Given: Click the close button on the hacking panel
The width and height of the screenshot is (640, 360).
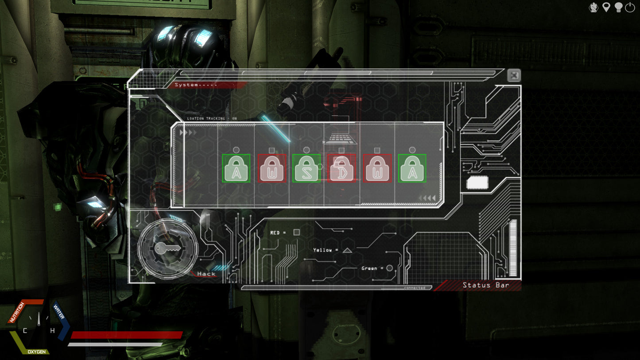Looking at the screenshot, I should (514, 75).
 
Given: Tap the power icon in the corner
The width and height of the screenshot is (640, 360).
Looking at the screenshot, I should (630, 8).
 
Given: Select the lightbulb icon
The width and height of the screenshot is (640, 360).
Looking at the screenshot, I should (618, 8).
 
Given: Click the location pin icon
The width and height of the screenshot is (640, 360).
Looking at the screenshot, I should (606, 8).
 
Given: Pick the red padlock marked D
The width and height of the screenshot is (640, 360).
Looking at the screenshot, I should (341, 168).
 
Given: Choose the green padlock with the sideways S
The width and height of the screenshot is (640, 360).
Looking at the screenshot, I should (306, 168).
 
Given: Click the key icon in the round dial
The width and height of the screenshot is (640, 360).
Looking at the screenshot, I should (167, 249).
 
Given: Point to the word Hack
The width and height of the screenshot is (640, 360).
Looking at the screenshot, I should (206, 274).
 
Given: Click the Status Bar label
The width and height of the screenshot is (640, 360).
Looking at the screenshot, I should (486, 285).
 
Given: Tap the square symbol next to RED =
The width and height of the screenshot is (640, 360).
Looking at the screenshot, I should (297, 232).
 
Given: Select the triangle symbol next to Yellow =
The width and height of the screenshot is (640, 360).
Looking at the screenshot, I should (347, 250).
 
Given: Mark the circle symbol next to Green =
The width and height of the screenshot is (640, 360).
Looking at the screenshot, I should (389, 268).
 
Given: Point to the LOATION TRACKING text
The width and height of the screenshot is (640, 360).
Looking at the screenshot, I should (212, 119).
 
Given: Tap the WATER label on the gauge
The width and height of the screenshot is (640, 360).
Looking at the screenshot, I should (58, 311).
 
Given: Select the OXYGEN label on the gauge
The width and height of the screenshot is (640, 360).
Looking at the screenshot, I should (37, 352).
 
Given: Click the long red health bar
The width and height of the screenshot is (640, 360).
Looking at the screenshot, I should (127, 335).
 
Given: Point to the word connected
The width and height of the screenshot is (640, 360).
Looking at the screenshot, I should (414, 288).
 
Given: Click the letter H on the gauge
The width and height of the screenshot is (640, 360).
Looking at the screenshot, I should (52, 331).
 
